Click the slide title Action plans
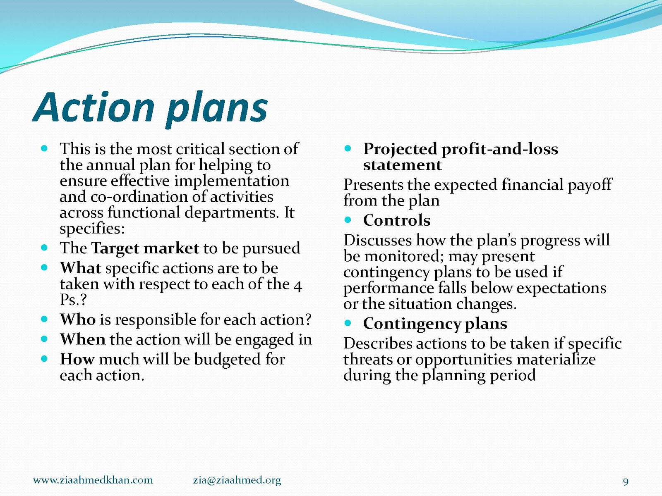pos(150,108)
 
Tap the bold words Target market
pos(145,248)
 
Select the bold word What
pos(80,268)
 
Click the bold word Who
pos(78,319)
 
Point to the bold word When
pos(83,339)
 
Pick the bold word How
pos(77,359)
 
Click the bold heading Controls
pos(397,220)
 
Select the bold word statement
pos(402,165)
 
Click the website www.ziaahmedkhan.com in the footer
pos(93,480)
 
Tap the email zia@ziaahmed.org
pos(237,480)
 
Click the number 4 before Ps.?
pos(297,286)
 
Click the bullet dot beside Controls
pos(348,220)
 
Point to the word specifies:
pos(92,229)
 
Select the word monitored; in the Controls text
pos(404,256)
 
